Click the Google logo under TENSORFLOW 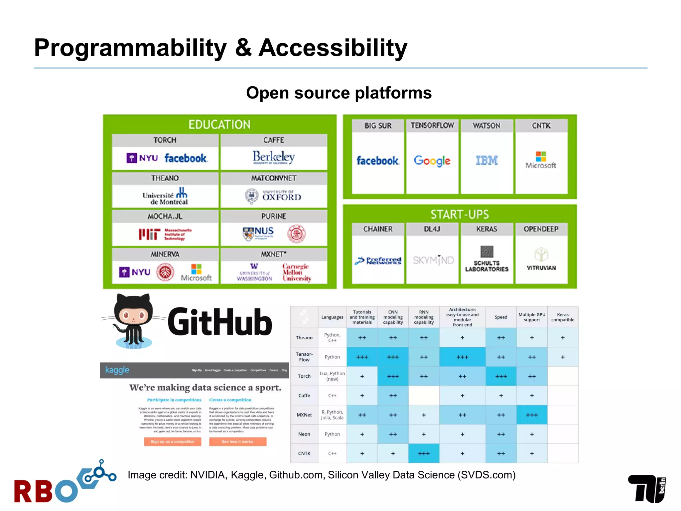click(x=432, y=161)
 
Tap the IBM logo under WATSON click(x=486, y=160)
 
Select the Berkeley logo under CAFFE click(x=273, y=157)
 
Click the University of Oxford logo click(x=273, y=196)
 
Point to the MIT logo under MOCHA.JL click(x=165, y=234)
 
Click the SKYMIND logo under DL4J click(x=433, y=260)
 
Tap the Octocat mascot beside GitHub click(x=133, y=321)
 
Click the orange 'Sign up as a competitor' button click(x=172, y=441)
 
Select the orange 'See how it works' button click(x=237, y=441)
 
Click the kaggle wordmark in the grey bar click(x=117, y=370)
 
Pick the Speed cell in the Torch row click(x=501, y=376)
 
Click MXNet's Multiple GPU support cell click(x=532, y=415)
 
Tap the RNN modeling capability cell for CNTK click(x=424, y=453)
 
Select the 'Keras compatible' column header click(x=563, y=317)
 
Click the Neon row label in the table click(x=304, y=434)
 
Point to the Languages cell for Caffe click(x=332, y=396)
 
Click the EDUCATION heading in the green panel click(x=219, y=124)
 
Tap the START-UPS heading click(x=460, y=214)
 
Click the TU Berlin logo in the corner click(x=647, y=489)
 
